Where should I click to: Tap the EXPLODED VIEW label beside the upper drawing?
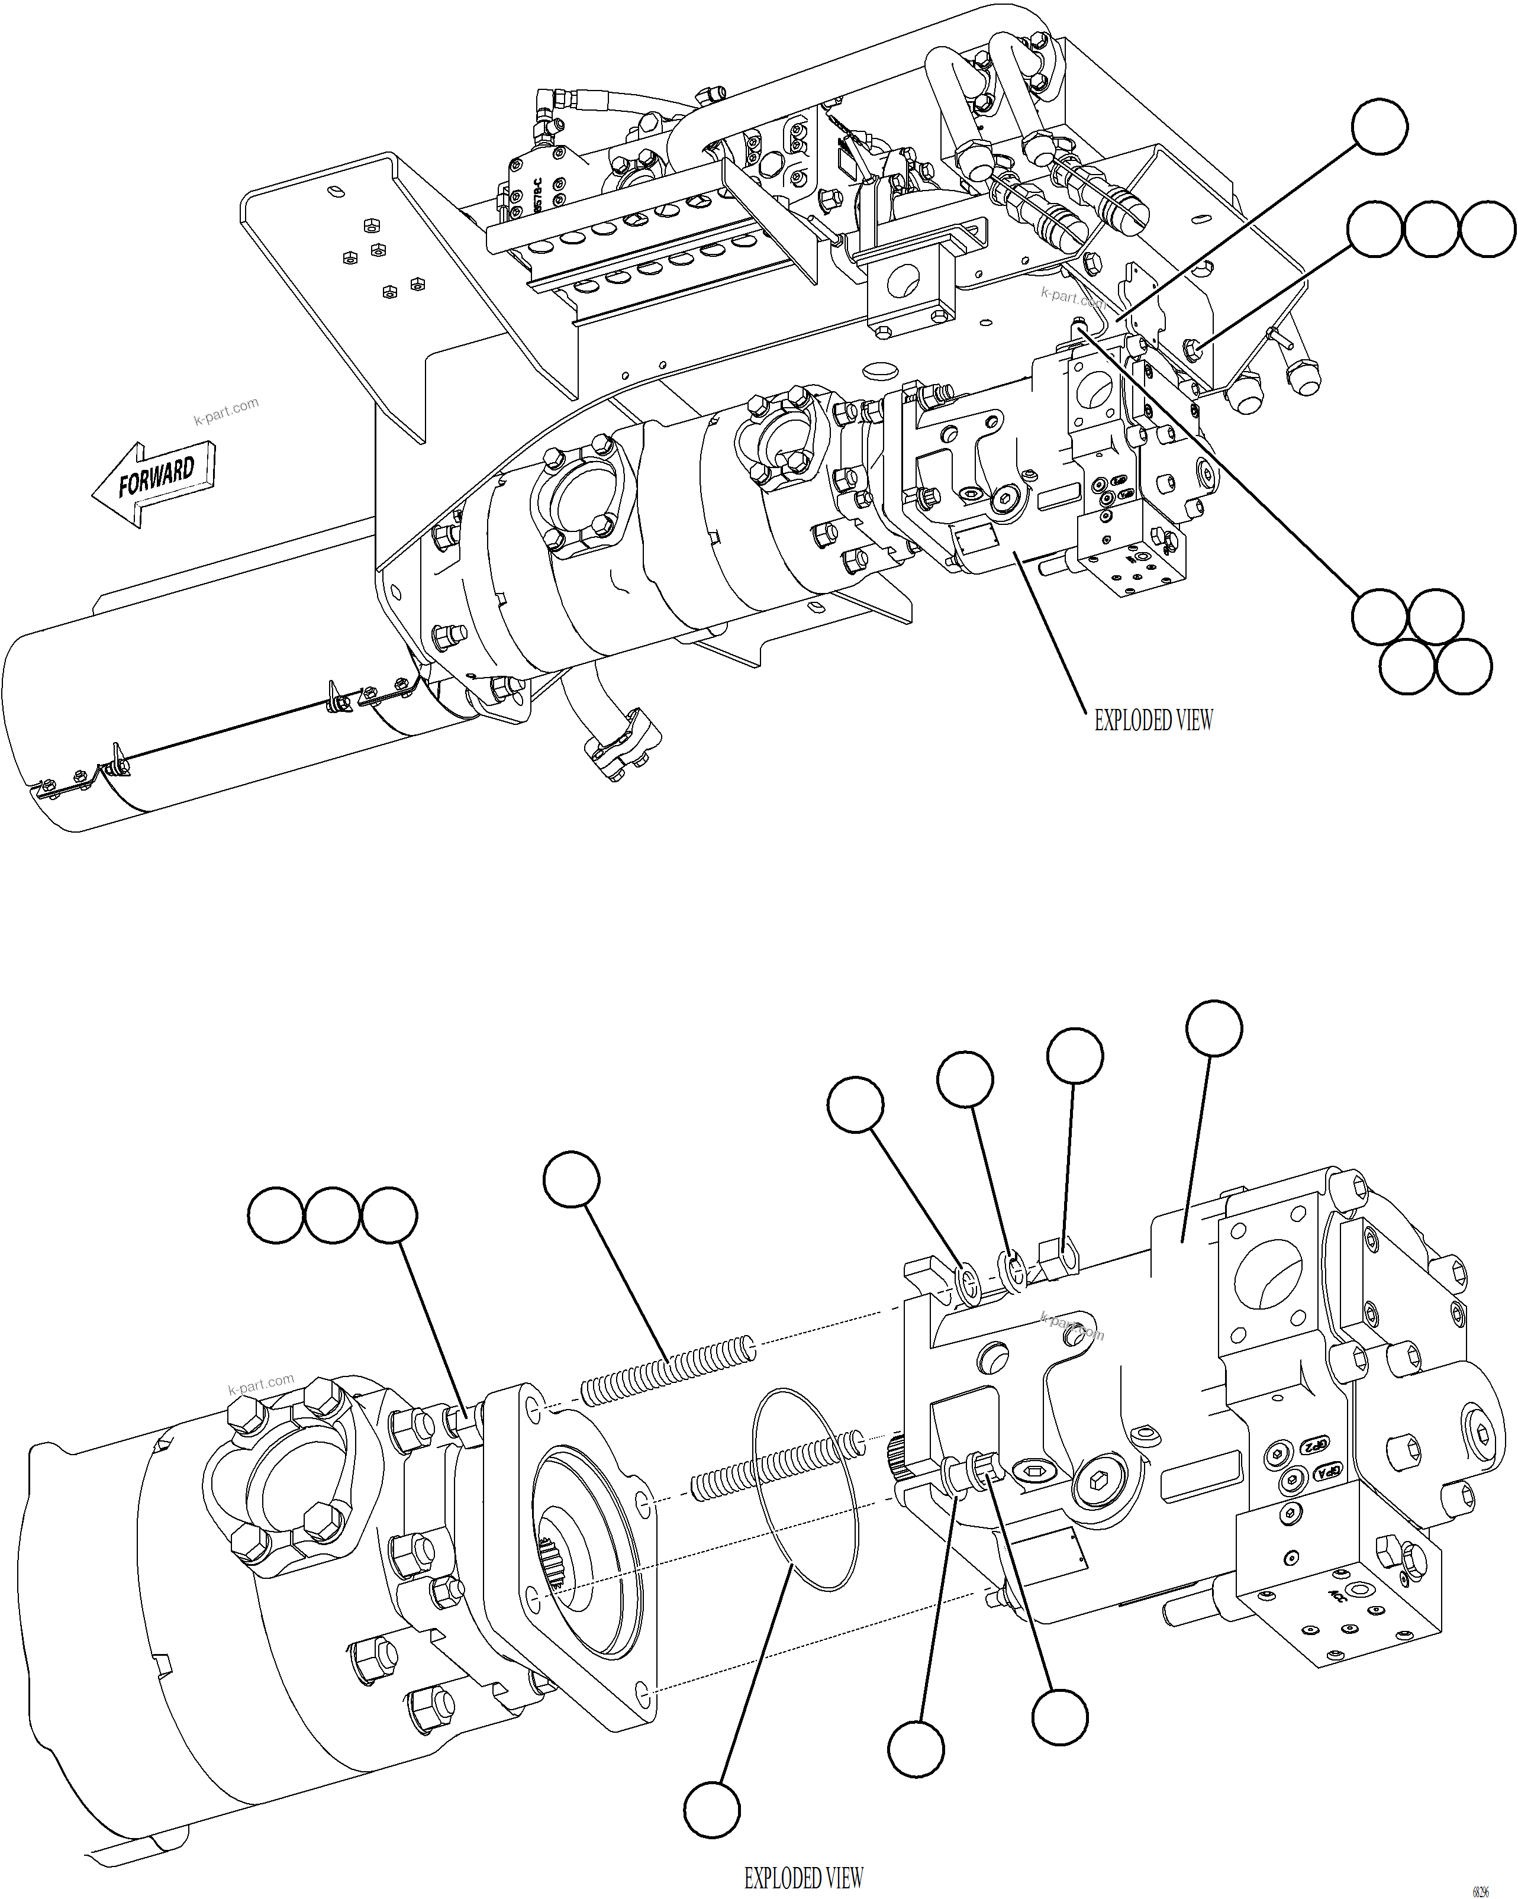[x=1152, y=721]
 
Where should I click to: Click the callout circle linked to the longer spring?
[x=572, y=1178]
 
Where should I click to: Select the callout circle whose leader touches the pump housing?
[x=1214, y=1028]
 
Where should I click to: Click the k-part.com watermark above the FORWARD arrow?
[x=227, y=411]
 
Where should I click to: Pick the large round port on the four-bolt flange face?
[x=1269, y=1275]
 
